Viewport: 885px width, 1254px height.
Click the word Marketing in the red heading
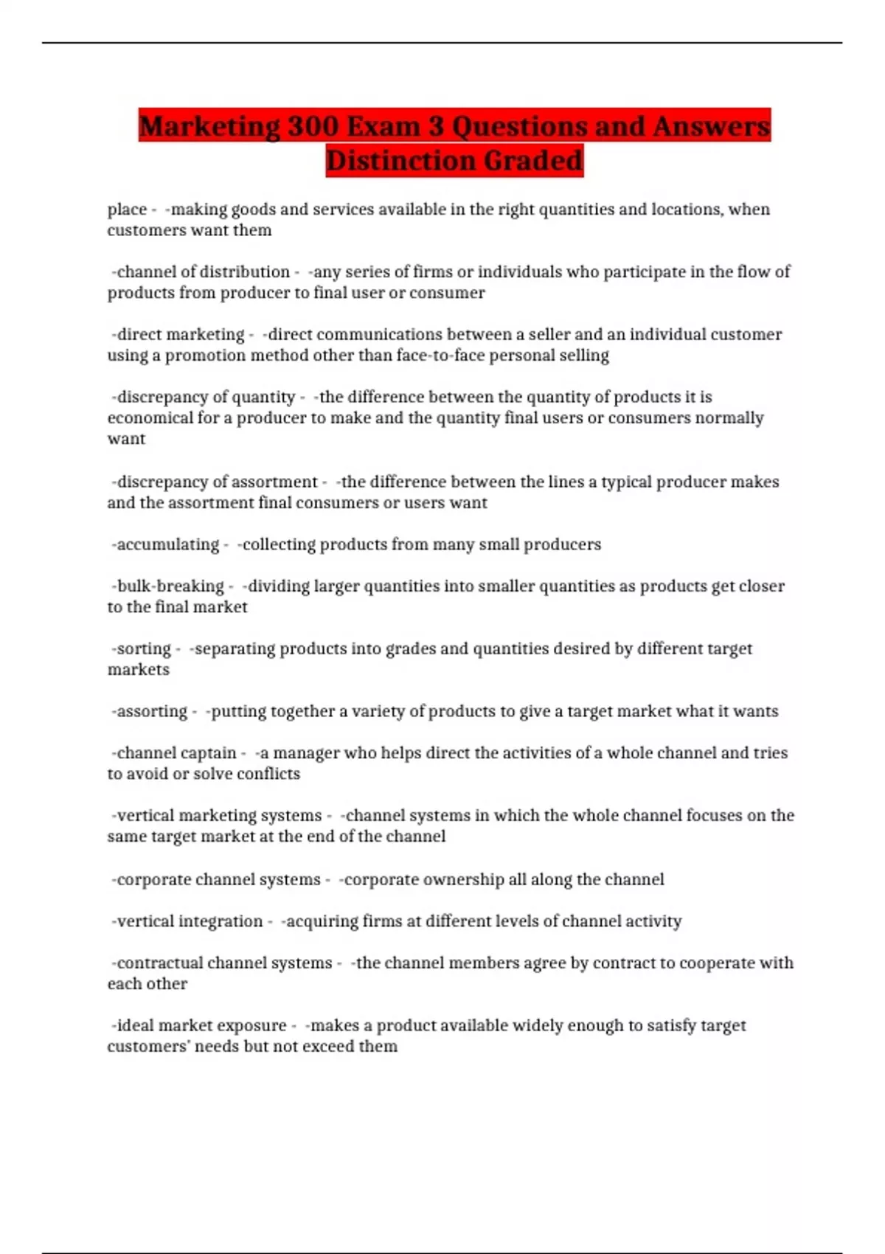(209, 126)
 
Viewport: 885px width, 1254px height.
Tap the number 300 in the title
(313, 126)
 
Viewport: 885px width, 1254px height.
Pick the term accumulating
(168, 544)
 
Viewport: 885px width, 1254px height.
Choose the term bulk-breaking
(170, 586)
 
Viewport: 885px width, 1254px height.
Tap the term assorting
(152, 711)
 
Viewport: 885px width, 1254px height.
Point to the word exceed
(330, 1046)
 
